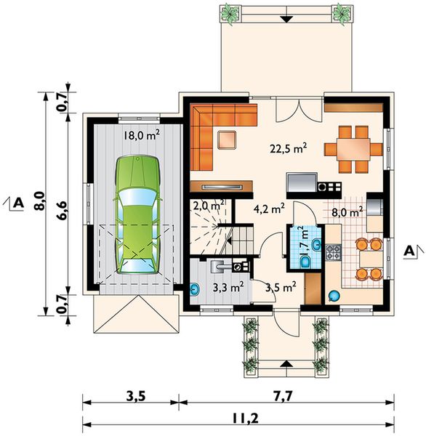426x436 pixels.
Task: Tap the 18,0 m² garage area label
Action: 141,135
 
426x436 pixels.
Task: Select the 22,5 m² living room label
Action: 289,148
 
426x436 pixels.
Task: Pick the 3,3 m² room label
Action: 228,287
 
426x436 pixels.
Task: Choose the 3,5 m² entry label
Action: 281,287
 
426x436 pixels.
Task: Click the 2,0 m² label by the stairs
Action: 209,206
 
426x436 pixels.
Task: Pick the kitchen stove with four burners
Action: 333,253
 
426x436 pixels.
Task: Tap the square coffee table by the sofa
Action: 229,139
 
